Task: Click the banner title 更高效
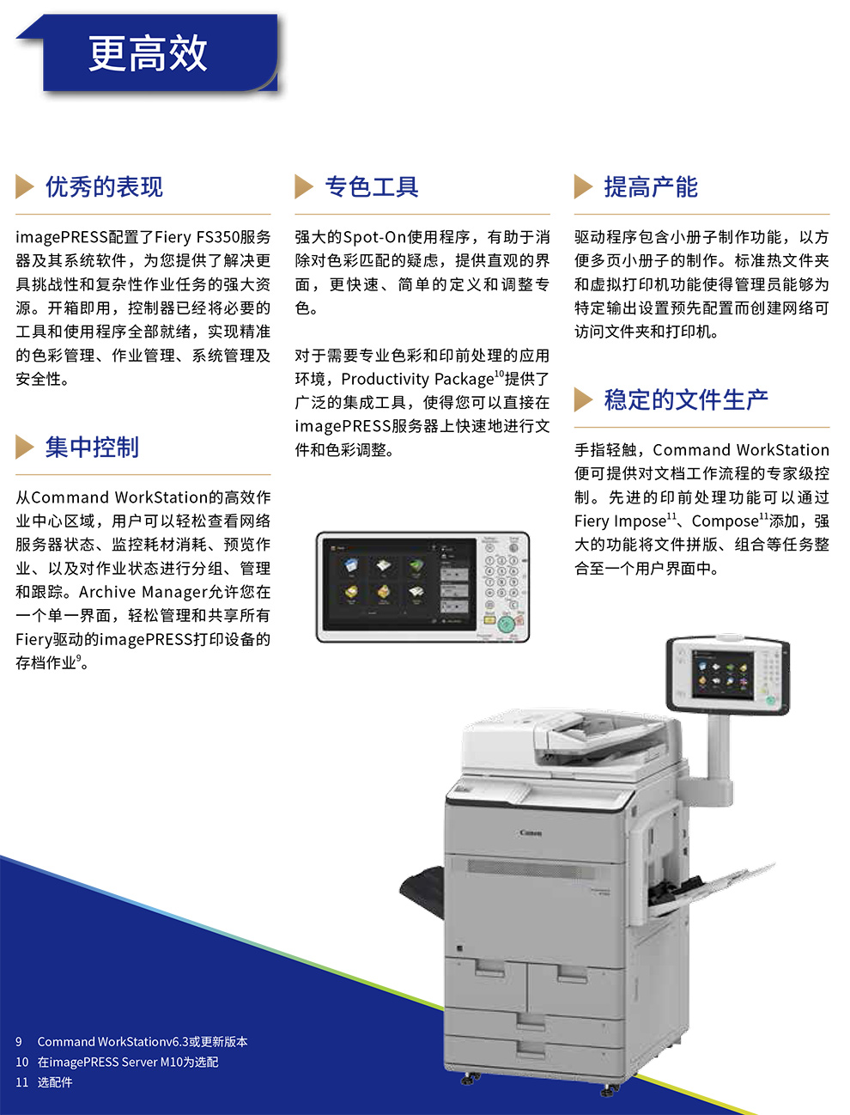tap(148, 52)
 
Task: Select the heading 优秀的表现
tap(104, 186)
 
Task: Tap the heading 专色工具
tap(372, 186)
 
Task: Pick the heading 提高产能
tap(651, 186)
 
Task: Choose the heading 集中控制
tap(92, 447)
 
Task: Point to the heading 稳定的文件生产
tap(686, 399)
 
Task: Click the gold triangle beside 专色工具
tap(304, 186)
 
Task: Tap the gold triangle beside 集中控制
tap(24, 447)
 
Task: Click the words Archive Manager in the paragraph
tap(143, 592)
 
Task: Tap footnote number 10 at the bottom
tap(21, 1062)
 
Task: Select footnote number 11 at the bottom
tap(21, 1082)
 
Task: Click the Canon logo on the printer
tap(531, 833)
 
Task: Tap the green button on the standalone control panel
tap(506, 624)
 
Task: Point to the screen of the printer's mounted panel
tap(723, 672)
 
